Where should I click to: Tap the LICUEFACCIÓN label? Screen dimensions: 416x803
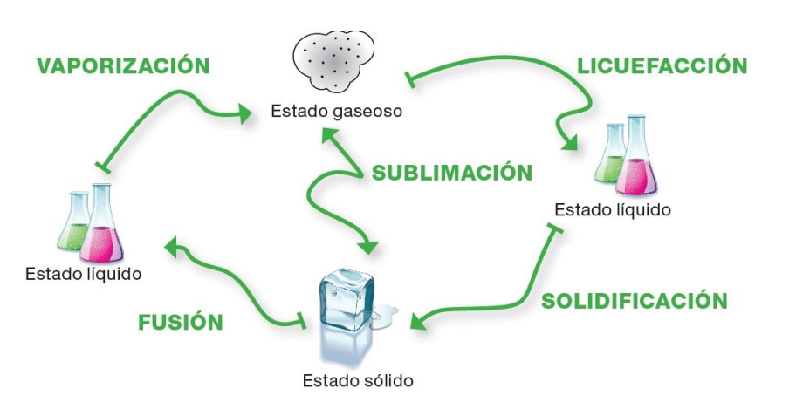(663, 66)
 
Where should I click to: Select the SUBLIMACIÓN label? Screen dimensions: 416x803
(451, 173)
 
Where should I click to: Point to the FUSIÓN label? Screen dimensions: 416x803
(181, 323)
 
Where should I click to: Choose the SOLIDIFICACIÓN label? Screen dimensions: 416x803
(634, 302)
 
